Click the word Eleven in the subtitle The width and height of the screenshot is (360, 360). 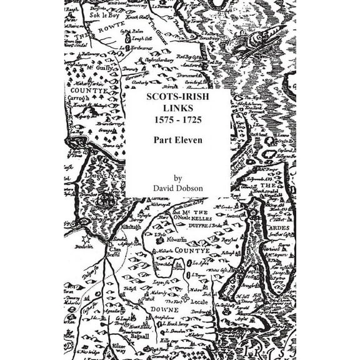tap(189, 140)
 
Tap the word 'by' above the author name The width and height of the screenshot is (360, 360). tap(179, 177)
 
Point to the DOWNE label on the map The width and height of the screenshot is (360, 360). tap(163, 309)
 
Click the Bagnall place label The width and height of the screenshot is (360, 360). tap(143, 337)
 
